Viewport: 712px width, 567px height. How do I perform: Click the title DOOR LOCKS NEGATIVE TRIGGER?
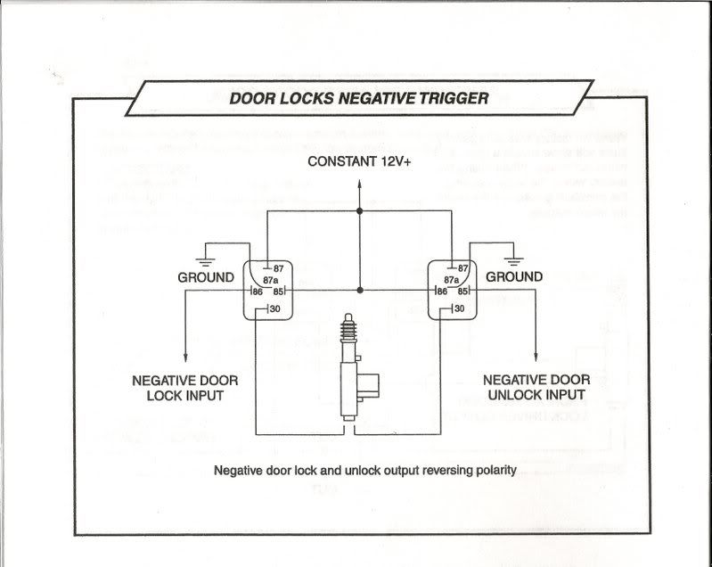(358, 98)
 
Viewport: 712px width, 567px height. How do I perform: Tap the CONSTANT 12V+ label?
(359, 161)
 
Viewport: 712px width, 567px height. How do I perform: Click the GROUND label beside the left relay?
(206, 277)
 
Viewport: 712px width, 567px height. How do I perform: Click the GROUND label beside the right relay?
(514, 277)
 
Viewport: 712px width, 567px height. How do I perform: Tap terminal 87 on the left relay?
(278, 267)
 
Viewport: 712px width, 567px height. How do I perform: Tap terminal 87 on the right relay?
(462, 267)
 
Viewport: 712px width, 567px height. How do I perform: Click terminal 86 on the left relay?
(256, 291)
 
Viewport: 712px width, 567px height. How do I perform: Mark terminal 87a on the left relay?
(271, 279)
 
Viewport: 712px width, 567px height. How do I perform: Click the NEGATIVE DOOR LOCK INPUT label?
(184, 387)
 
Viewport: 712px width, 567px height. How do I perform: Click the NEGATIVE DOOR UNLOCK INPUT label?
(535, 387)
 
